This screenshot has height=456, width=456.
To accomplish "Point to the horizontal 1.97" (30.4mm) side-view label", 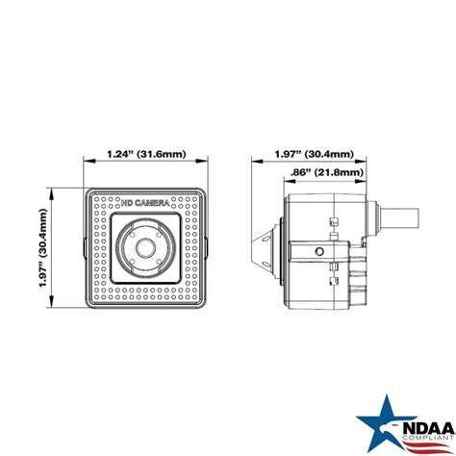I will [314, 153].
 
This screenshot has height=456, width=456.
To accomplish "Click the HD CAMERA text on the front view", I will [145, 204].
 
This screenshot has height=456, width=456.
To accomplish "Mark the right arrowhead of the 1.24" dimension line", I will [207, 163].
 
